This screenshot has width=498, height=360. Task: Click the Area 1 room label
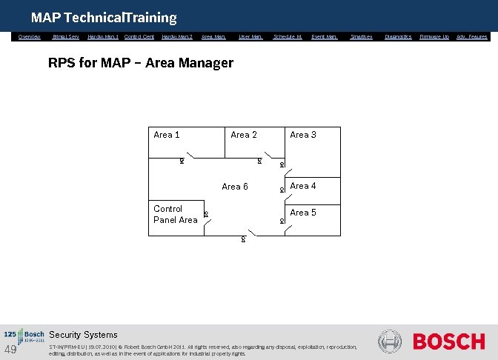pyautogui.click(x=166, y=135)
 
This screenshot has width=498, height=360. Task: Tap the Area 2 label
pyautogui.click(x=244, y=135)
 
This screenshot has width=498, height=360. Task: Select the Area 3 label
pyautogui.click(x=303, y=135)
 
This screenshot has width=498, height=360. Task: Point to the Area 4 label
pyautogui.click(x=303, y=186)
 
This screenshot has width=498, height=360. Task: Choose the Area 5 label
pyautogui.click(x=303, y=213)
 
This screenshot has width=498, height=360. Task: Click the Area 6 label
pyautogui.click(x=235, y=187)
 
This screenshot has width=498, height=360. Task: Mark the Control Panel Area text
pyautogui.click(x=175, y=214)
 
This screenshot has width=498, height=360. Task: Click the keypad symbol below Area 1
pyautogui.click(x=182, y=161)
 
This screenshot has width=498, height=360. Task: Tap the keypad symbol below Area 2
pyautogui.click(x=259, y=161)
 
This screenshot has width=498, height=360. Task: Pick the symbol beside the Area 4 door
pyautogui.click(x=282, y=190)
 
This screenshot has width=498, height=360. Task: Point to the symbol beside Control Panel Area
pyautogui.click(x=206, y=215)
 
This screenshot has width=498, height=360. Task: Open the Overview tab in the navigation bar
pyautogui.click(x=30, y=36)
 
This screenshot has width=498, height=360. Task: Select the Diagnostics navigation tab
pyautogui.click(x=398, y=36)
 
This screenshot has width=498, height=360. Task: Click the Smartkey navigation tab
pyautogui.click(x=361, y=36)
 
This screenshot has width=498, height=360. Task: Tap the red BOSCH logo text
pyautogui.click(x=448, y=341)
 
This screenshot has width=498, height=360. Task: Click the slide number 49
pyautogui.click(x=10, y=350)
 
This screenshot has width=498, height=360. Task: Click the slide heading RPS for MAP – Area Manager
pyautogui.click(x=140, y=63)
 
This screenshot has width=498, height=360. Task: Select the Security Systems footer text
pyautogui.click(x=83, y=335)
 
